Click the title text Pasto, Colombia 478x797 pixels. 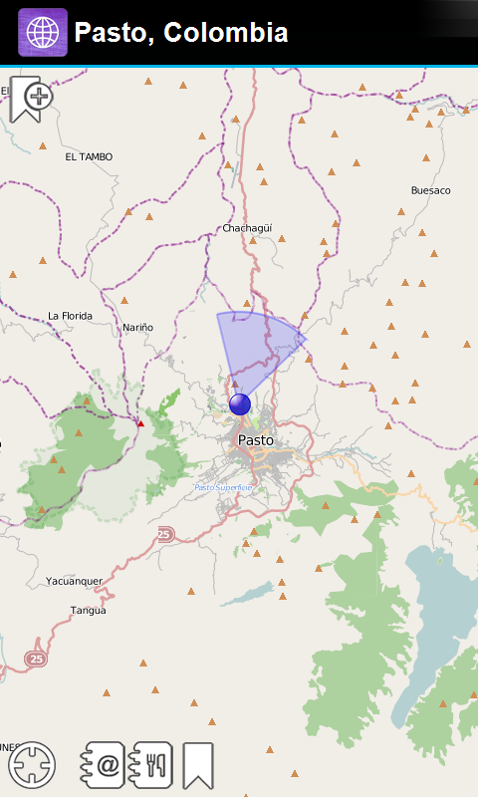pos(181,33)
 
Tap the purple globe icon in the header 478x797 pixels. pos(43,33)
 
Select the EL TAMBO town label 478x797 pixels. pos(89,156)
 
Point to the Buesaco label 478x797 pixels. pos(430,190)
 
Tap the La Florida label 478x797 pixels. pos(70,316)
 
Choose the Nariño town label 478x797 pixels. pos(137,327)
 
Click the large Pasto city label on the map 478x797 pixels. pos(256,439)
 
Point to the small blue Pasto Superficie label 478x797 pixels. pos(223,487)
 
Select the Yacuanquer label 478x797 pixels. pos(74,581)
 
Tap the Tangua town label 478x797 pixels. pos(88,610)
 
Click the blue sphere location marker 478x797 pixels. pos(240,403)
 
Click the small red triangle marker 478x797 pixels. pos(140,423)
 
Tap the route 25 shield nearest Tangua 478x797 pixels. pos(36,659)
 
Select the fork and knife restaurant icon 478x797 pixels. pos(151,765)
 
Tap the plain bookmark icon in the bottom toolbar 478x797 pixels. pos(198,765)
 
